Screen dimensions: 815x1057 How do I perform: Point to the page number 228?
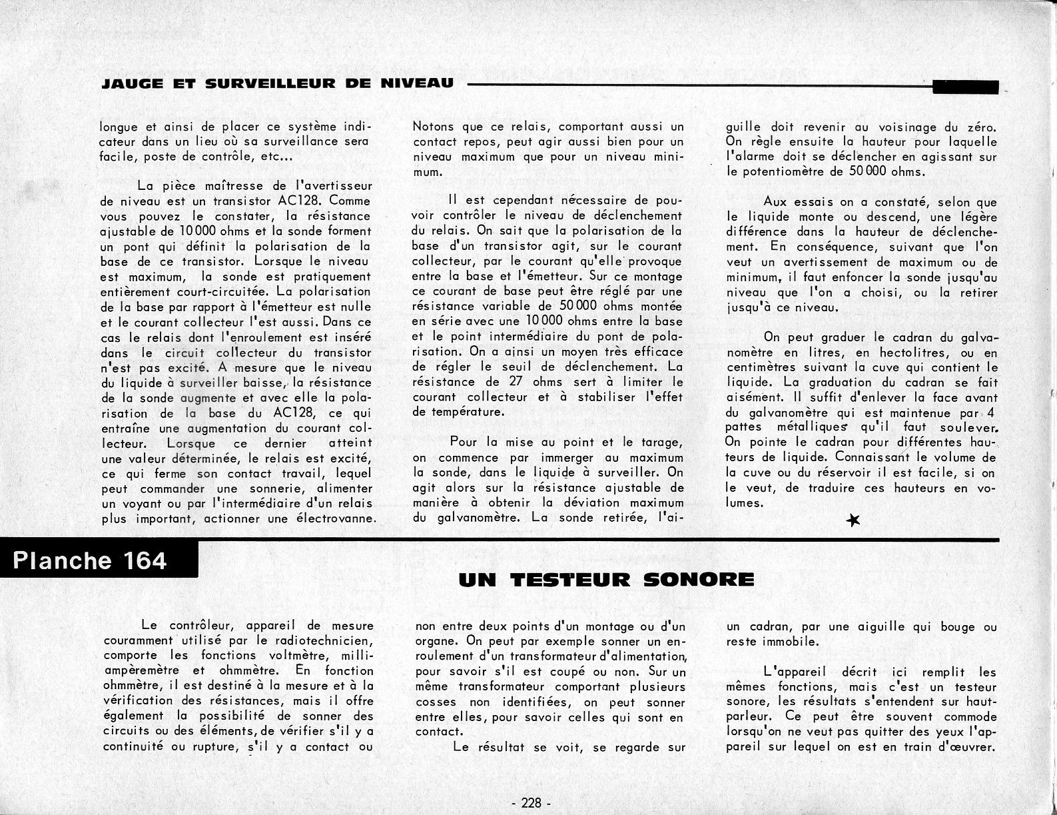pos(529,803)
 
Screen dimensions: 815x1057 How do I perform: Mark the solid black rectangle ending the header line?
pos(965,87)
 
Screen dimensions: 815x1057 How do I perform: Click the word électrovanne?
pos(338,519)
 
